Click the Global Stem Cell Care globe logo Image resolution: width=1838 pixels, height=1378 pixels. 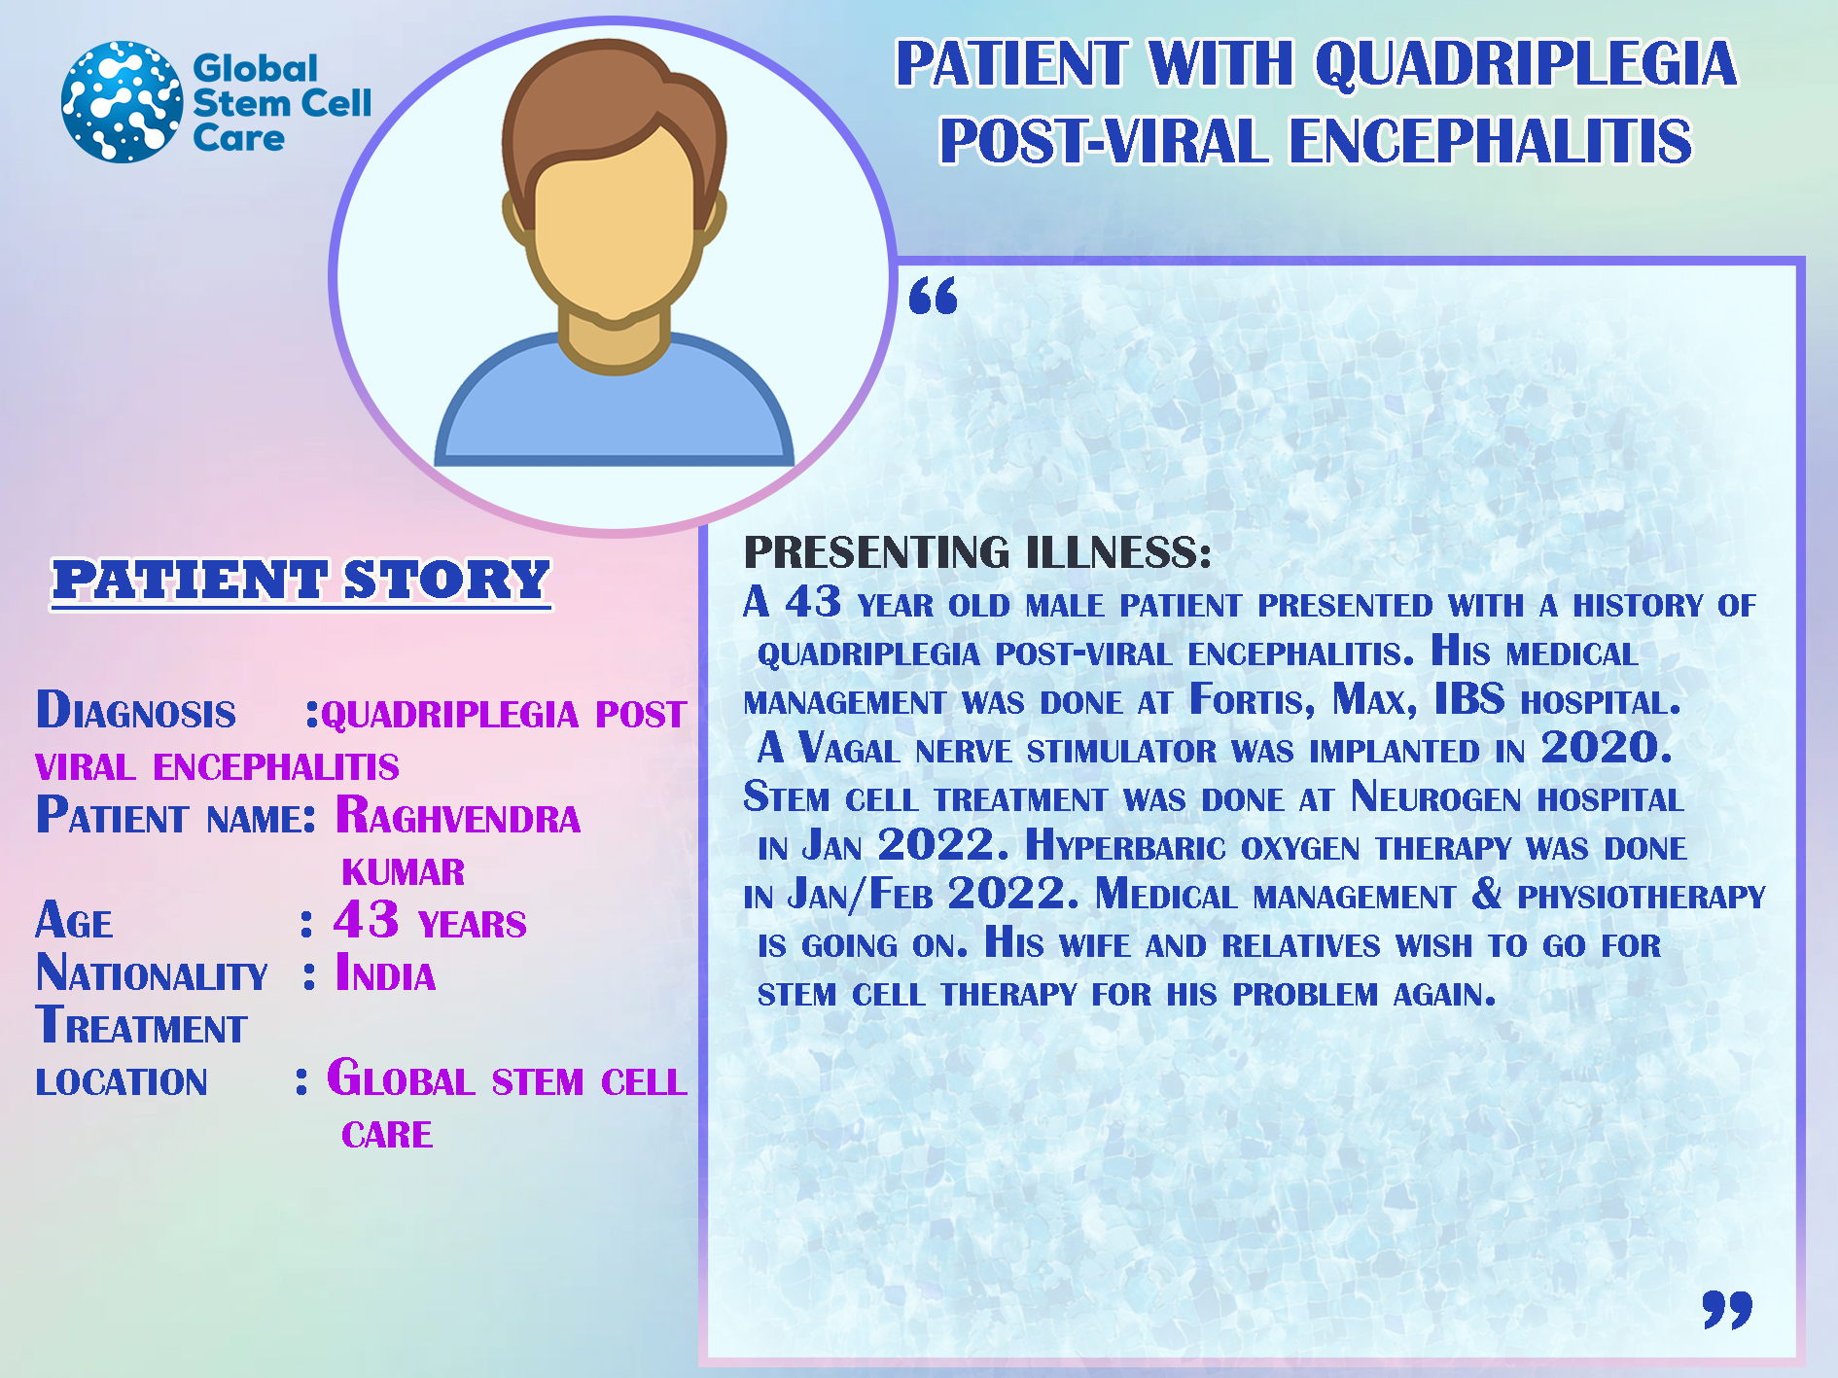pos(122,101)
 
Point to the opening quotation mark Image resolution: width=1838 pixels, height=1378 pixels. pos(933,296)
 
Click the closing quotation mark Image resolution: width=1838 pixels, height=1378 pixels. pos(1727,1309)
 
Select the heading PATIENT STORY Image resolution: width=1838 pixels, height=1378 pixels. pos(301,581)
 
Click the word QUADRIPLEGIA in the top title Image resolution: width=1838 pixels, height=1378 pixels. pos(1526,64)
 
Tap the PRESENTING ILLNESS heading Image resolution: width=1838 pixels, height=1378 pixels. pos(977,551)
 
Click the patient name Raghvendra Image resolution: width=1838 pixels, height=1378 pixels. pos(458,816)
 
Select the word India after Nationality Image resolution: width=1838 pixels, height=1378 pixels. pos(385,973)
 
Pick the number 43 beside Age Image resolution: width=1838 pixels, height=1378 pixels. pos(366,919)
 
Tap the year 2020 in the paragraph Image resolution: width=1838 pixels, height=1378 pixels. pos(1607,748)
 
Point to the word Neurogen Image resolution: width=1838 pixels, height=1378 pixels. pos(1436,797)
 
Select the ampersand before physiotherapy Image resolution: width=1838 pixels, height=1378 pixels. pos(1487,894)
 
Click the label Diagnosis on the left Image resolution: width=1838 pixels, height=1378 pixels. pos(136,710)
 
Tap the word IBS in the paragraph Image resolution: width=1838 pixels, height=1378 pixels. pos(1469,699)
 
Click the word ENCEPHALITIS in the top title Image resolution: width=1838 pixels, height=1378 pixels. pos(1490,141)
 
